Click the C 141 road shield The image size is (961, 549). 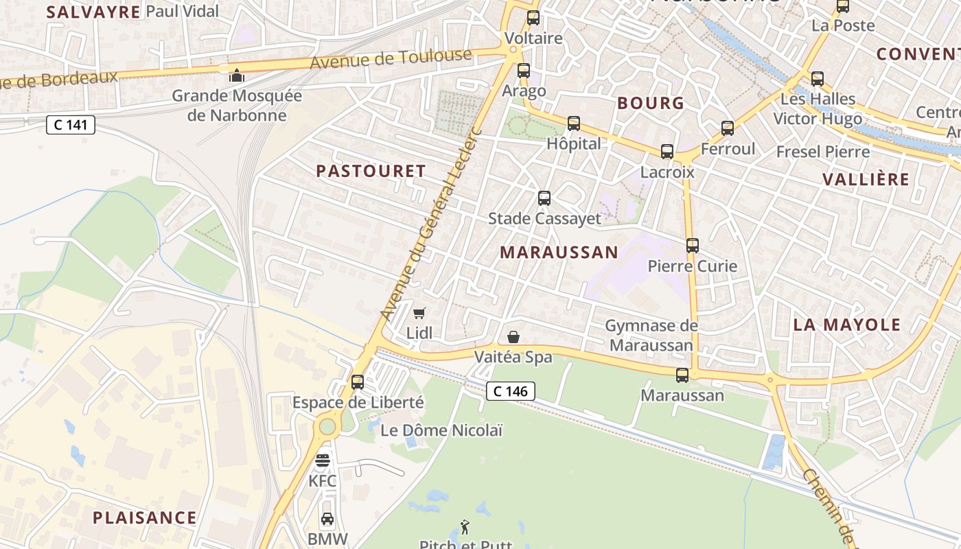[71, 125]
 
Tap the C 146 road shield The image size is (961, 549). [511, 391]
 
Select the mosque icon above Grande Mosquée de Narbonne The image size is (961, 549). [237, 75]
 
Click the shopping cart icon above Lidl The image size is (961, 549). [419, 313]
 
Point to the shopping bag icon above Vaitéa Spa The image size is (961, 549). [513, 337]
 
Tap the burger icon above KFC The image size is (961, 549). [323, 460]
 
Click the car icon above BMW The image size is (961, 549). [327, 519]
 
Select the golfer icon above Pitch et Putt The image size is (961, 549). [465, 527]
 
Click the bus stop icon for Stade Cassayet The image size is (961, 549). [544, 198]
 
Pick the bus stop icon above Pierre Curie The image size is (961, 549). [693, 246]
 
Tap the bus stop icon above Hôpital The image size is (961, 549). [574, 124]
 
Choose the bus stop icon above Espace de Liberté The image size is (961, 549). [358, 382]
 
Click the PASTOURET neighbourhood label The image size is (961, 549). [371, 171]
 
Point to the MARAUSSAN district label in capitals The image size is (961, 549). [559, 252]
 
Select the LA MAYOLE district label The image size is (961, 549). [846, 325]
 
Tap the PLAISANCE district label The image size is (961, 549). [145, 517]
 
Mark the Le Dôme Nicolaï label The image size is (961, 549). [441, 431]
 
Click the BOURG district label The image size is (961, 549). [651, 103]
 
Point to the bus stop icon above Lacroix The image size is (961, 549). [667, 152]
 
